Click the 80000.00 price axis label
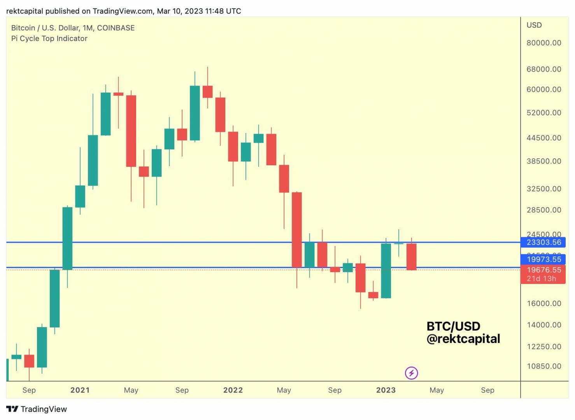[543, 43]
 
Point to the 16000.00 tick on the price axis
[543, 303]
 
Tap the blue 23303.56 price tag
[543, 242]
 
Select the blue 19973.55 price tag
[543, 259]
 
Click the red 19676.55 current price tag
[543, 270]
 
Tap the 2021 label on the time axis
[80, 390]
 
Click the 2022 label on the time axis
[233, 390]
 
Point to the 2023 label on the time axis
[386, 390]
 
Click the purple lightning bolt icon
[411, 373]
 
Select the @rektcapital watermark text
[463, 339]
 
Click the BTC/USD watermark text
[453, 326]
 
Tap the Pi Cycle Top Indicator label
[49, 38]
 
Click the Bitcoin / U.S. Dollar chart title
[73, 28]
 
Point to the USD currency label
[534, 25]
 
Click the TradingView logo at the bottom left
[37, 409]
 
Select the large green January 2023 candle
[386, 271]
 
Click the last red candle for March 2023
[411, 257]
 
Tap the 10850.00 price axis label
[543, 366]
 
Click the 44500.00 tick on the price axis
[543, 138]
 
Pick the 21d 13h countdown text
[541, 278]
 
